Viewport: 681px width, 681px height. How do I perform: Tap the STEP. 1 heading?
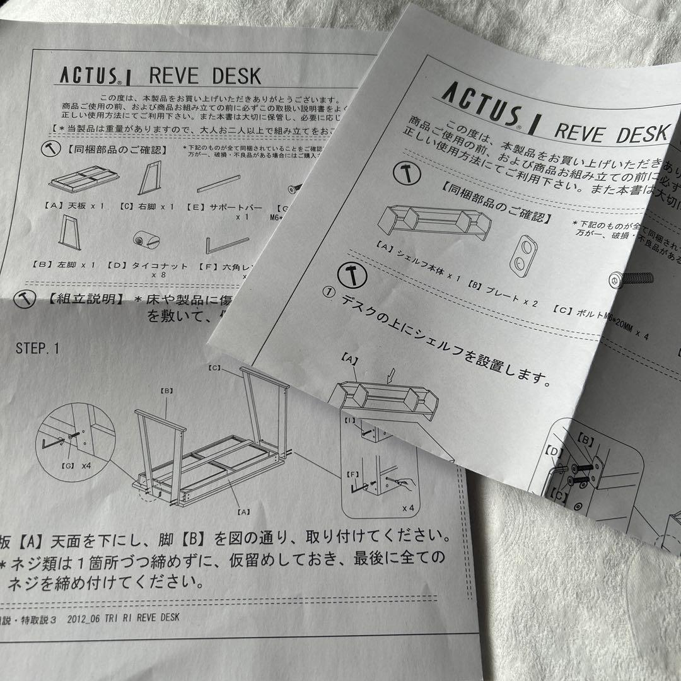coord(38,348)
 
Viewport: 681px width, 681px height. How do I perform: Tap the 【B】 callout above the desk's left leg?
coord(166,391)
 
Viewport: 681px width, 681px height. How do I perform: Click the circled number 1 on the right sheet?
coord(327,293)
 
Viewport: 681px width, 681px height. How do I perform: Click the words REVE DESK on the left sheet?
coord(205,76)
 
